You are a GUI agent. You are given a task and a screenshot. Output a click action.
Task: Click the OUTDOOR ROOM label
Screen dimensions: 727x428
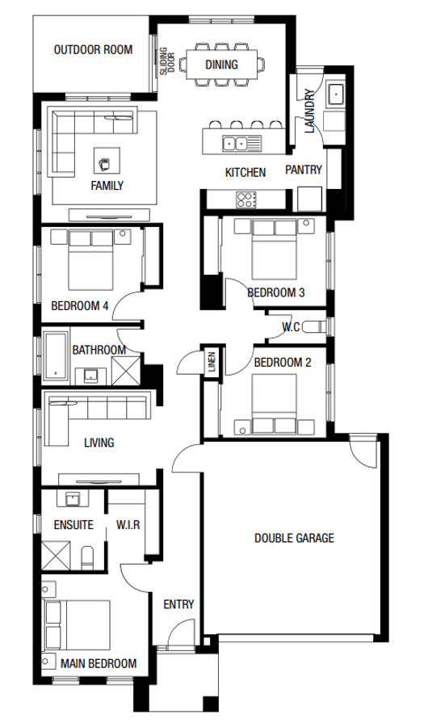click(x=92, y=50)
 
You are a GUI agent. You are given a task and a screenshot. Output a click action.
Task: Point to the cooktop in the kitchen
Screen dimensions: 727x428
click(x=245, y=198)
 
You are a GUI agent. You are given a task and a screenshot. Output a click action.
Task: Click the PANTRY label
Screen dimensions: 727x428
click(x=304, y=170)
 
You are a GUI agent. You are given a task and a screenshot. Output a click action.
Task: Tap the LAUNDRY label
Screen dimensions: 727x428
click(x=309, y=113)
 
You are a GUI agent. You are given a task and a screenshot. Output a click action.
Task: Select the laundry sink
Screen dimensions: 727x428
click(x=335, y=95)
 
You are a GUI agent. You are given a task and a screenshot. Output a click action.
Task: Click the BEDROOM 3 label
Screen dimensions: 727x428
click(x=275, y=292)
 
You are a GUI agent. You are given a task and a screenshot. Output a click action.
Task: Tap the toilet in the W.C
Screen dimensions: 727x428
click(x=321, y=326)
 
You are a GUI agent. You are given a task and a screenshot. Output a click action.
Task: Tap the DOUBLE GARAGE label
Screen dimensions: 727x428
click(x=294, y=538)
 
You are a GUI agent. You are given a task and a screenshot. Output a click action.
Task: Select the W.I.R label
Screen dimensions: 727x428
click(x=128, y=525)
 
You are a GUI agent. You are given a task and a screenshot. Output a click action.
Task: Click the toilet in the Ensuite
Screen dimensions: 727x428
click(x=90, y=556)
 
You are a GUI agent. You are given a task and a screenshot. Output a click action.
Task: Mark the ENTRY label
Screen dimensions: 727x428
click(x=178, y=604)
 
